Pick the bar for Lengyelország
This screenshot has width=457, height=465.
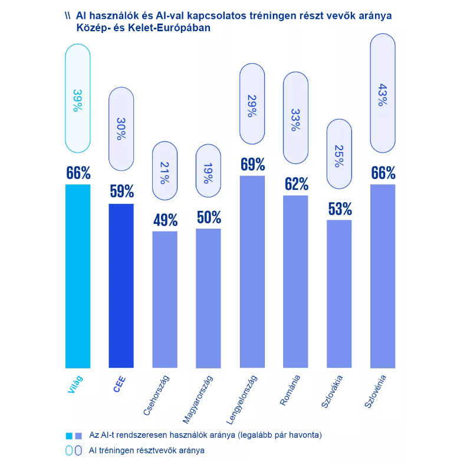point(252,272)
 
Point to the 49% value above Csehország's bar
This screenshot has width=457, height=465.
point(165,220)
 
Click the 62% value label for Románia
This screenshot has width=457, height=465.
point(296,184)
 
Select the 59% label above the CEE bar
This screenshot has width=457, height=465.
point(121,192)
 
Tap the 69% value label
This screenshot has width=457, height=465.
point(252,164)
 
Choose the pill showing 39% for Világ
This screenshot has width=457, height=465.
point(78,98)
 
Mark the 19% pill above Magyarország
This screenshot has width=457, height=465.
point(208,172)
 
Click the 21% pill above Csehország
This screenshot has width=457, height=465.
point(165,173)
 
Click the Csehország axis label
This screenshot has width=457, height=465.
point(159,394)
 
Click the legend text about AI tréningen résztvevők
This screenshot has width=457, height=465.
point(146,450)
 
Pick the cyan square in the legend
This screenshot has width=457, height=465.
point(69,436)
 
